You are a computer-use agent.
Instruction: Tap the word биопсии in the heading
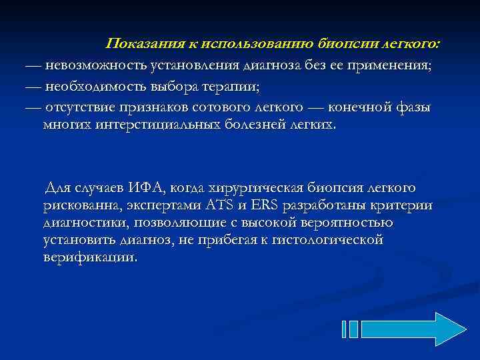pos(345,45)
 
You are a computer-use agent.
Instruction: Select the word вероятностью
pos(342,223)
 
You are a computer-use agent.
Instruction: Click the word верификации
pos(89,257)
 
